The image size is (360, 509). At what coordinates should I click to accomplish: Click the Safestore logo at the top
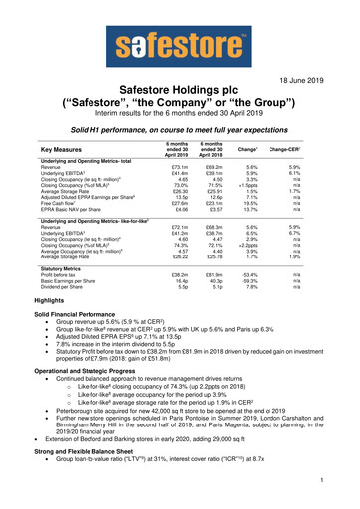[179, 45]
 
